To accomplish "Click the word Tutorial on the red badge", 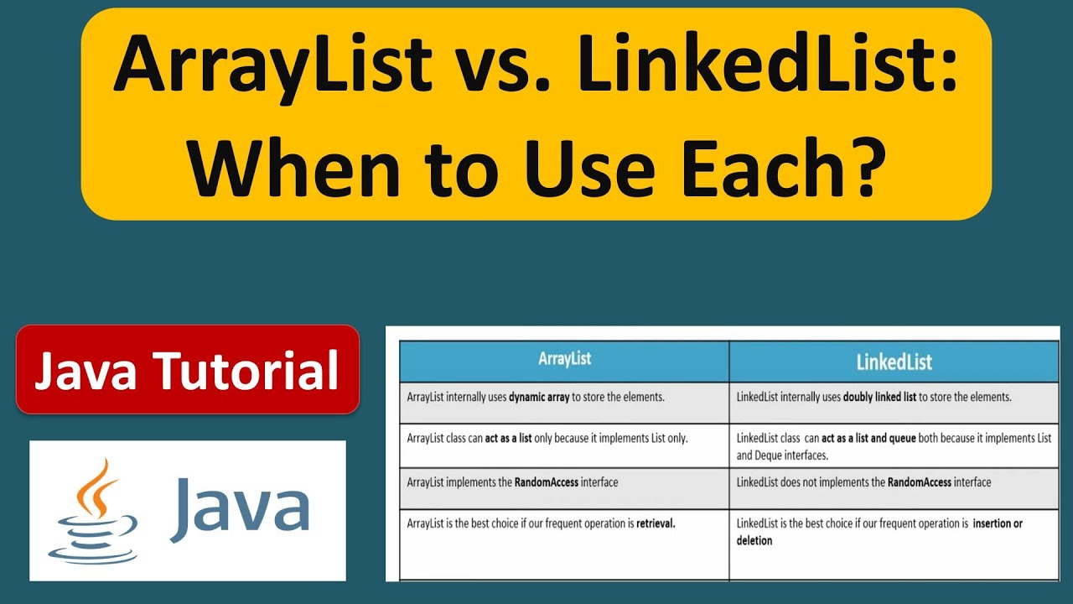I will [x=257, y=371].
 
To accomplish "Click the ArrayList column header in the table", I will [x=564, y=359].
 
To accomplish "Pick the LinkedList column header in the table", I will [x=894, y=362].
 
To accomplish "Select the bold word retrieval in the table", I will [x=656, y=523].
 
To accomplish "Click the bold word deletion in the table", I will [x=754, y=541].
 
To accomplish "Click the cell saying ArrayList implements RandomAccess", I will [x=512, y=482].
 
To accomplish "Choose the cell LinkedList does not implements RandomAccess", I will [x=863, y=482].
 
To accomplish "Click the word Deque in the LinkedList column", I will [x=771, y=456].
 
